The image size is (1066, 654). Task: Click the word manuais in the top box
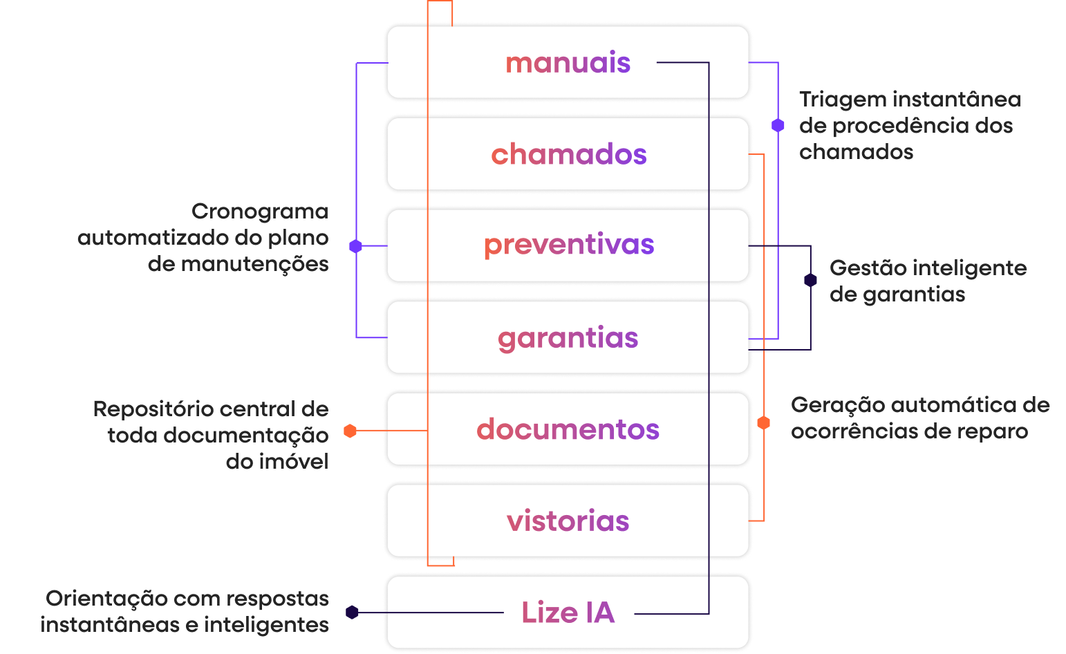[x=568, y=63]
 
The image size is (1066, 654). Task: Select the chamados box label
[x=568, y=154]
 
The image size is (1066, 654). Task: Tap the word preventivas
[x=568, y=245]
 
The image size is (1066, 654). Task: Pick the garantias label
[x=568, y=338]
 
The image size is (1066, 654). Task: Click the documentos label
[x=568, y=429]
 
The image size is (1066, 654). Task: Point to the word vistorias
[x=568, y=521]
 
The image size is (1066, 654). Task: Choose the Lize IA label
[x=568, y=613]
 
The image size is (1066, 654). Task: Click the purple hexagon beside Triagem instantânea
[x=778, y=125]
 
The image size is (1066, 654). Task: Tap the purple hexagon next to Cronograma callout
[x=355, y=246]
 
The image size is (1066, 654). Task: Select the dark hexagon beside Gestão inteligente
[x=810, y=280]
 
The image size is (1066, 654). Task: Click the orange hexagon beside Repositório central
[x=350, y=431]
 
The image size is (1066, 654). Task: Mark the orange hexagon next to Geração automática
[x=763, y=422]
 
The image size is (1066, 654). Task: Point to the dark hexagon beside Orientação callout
[x=352, y=613]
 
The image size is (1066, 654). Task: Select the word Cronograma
[x=260, y=212]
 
